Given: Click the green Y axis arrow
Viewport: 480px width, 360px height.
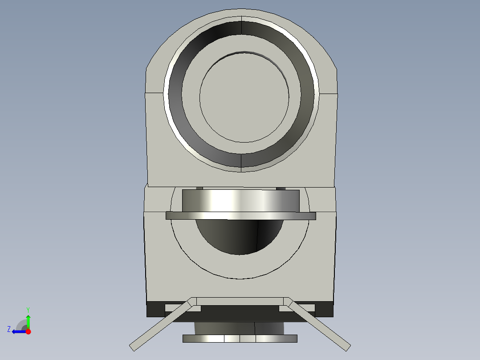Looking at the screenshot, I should click(x=28, y=320).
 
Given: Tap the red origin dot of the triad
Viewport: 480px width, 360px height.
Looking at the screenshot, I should click(x=28, y=331).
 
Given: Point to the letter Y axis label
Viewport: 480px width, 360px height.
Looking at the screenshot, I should click(x=28, y=309).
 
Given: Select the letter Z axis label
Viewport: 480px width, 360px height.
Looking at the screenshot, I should click(x=8, y=329).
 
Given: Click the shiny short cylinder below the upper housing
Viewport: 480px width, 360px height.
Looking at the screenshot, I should click(x=240, y=200).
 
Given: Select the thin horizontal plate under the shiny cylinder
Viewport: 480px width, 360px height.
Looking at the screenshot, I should click(x=240, y=216).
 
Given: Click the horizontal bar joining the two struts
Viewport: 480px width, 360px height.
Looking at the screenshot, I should click(x=240, y=301).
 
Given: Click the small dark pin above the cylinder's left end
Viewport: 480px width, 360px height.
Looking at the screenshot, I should click(x=199, y=188).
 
